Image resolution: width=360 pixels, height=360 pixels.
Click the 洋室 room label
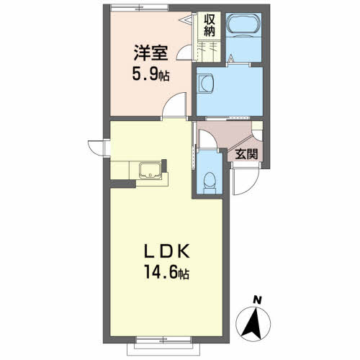pyautogui.click(x=150, y=53)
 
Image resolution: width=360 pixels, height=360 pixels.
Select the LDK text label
pyautogui.click(x=167, y=251)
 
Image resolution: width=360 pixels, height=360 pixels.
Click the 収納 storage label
pyautogui.click(x=210, y=25)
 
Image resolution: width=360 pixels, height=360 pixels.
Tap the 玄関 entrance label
pyautogui.click(x=246, y=154)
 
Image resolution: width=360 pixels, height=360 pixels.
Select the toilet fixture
pyautogui.click(x=210, y=183)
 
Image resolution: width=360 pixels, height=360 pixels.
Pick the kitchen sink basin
pyautogui.click(x=150, y=170)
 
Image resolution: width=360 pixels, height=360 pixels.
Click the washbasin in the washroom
pyautogui.click(x=205, y=83)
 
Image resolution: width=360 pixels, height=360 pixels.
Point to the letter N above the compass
pyautogui.click(x=257, y=300)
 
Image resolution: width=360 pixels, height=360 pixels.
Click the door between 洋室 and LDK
pyautogui.click(x=175, y=106)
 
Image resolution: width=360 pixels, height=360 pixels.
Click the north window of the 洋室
pyautogui.click(x=140, y=8)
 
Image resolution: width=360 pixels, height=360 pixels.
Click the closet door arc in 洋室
pyautogui.click(x=185, y=53)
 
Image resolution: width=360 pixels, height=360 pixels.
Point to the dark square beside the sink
pyautogui.click(x=164, y=166)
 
